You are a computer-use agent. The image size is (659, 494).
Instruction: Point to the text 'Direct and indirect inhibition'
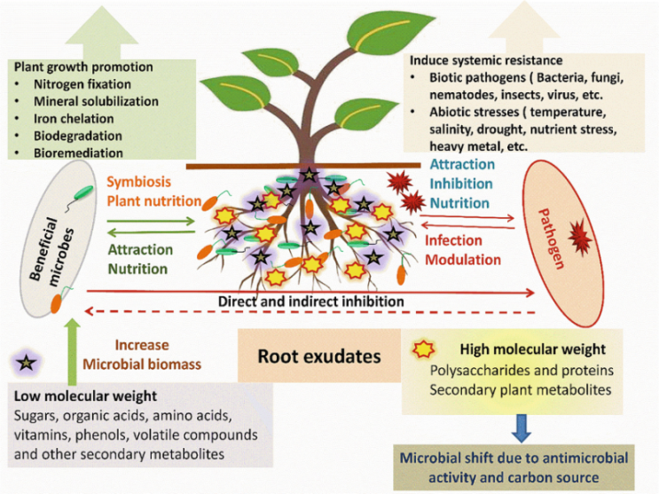point(311,302)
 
